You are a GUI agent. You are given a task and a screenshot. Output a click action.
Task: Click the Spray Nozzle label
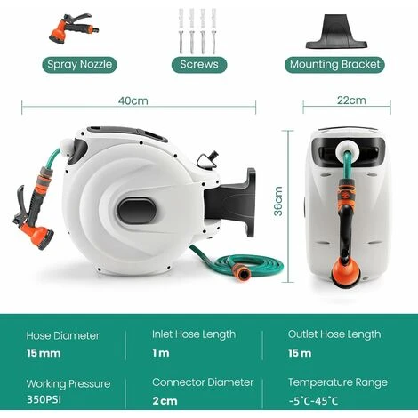pos(79,65)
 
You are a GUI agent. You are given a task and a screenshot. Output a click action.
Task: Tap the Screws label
pos(199,65)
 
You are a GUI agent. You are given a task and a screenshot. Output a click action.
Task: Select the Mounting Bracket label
pos(334,65)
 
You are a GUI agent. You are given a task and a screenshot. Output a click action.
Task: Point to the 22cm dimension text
pos(351,100)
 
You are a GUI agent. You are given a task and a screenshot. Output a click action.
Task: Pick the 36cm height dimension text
pos(278,201)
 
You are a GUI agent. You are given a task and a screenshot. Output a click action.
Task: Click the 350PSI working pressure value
pos(44,399)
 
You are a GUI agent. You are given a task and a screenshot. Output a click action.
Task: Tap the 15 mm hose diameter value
pos(44,353)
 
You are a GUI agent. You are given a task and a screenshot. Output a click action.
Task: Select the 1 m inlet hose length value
pos(161,353)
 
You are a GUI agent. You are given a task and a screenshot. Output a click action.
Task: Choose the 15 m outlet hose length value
pos(300,353)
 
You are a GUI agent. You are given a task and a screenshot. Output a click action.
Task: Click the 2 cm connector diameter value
pos(165,401)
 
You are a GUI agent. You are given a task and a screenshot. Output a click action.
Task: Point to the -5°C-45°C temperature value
pos(313,401)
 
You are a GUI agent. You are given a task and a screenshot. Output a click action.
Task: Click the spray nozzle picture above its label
pos(74,30)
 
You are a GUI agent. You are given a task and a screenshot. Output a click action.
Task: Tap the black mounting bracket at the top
pos(336,32)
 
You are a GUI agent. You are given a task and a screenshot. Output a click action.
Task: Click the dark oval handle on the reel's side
pos(136,212)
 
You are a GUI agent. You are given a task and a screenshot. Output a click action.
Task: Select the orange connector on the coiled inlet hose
pos(241,272)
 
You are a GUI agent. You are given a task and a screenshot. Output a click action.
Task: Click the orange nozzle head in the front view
pos(346,273)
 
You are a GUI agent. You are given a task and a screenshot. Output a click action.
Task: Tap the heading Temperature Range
pos(338,382)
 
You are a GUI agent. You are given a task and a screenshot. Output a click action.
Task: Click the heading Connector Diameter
pos(203,382)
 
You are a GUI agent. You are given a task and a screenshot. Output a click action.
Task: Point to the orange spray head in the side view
pos(36,234)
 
